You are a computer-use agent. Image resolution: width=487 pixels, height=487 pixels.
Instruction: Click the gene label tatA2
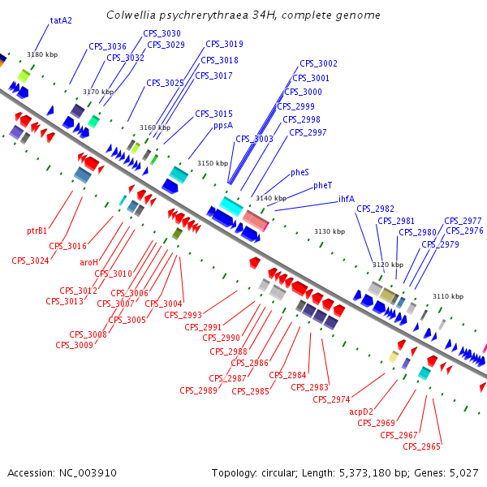(62, 20)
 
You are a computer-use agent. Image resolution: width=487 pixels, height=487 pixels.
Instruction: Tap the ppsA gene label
(223, 126)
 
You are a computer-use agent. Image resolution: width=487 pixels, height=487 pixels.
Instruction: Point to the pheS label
(300, 173)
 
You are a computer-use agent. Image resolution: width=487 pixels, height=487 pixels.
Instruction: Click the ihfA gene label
(347, 199)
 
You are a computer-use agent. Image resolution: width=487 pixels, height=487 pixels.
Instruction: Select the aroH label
(88, 262)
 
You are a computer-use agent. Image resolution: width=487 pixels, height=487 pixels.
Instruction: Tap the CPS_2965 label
(421, 446)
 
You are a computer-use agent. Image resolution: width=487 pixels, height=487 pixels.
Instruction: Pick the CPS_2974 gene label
(331, 399)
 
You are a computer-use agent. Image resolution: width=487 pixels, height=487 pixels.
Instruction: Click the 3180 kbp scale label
(42, 54)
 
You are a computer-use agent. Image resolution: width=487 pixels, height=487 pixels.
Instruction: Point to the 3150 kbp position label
(213, 163)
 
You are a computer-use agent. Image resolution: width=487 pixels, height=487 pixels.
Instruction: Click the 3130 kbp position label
(330, 231)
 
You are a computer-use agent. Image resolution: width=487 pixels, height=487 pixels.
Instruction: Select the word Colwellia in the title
(132, 15)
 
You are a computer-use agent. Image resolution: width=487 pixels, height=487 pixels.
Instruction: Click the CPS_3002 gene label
(318, 63)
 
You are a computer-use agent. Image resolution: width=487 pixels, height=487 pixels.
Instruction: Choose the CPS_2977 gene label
(463, 221)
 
